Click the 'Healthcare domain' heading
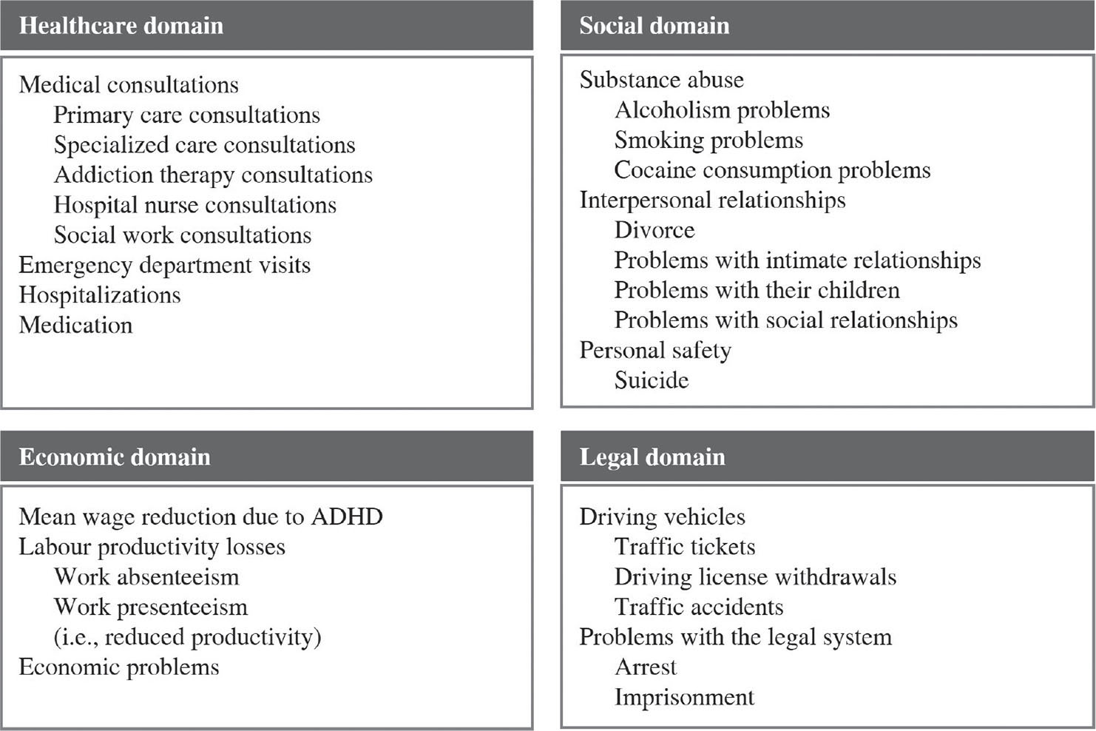121,26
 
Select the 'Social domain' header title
654,26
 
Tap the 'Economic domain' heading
115,457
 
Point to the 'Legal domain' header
652,457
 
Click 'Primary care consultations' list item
186,115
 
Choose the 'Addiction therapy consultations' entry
213,175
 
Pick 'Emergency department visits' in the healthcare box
164,265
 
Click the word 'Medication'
75,325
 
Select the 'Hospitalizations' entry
100,295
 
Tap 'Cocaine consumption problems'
772,170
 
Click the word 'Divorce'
654,230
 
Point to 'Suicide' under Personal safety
652,380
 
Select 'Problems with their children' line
757,290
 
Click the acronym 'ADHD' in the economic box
347,516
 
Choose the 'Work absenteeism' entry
146,577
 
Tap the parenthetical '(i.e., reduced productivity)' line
187,637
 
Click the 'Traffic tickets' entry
685,547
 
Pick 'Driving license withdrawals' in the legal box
755,577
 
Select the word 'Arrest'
646,667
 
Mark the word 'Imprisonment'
684,698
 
